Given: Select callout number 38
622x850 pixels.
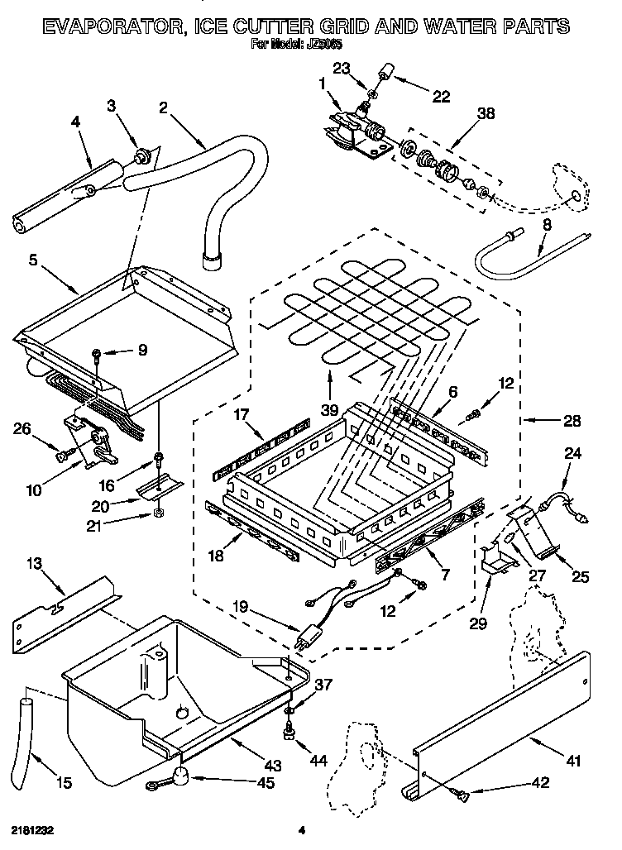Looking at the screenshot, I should pos(486,115).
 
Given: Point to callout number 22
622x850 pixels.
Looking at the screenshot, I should pos(441,97).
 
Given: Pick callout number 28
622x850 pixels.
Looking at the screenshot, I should pos(571,421).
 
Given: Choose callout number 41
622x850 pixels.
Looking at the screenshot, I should pos(569,760).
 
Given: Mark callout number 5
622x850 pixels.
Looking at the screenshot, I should pos(33,260).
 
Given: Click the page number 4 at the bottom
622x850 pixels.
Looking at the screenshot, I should pos(302,829).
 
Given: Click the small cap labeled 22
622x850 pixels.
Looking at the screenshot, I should pos(385,76).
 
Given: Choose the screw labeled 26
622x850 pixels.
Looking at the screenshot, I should pos(62,453).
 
